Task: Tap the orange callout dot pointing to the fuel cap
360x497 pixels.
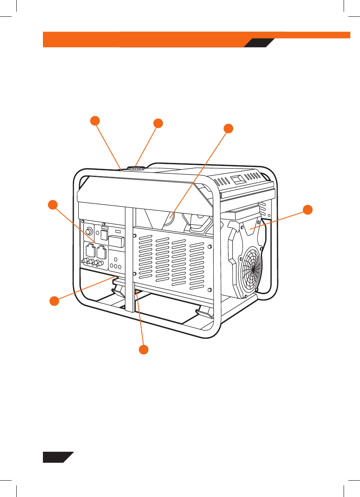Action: click(158, 123)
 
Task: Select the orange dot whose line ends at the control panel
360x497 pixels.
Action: click(52, 205)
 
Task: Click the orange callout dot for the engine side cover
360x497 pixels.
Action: click(308, 210)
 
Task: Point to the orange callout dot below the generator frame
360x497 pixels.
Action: click(144, 350)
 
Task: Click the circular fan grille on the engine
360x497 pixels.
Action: click(253, 269)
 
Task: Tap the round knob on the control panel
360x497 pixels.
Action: click(89, 231)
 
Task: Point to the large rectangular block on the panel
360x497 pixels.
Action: click(117, 241)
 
